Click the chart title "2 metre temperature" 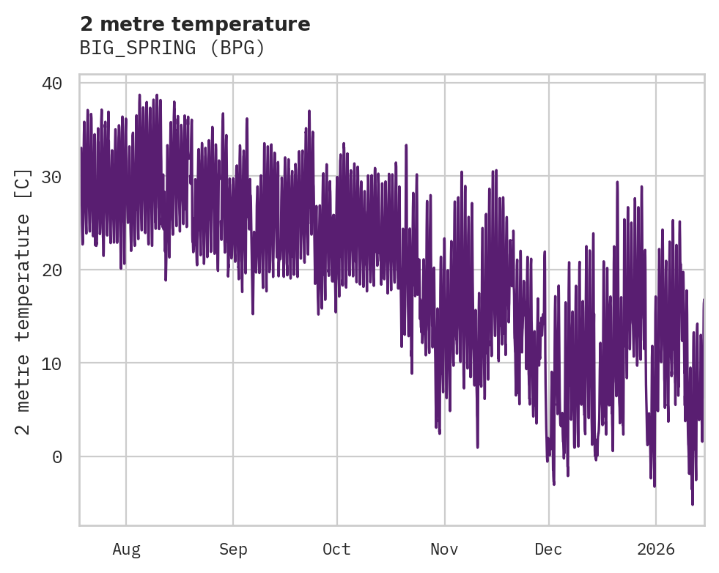[195, 24]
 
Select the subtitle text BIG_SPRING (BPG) [172, 48]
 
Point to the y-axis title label [23, 301]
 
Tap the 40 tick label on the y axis [51, 84]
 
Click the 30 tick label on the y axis [51, 177]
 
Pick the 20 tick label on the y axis [51, 270]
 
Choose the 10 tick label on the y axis [51, 363]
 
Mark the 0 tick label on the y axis [56, 457]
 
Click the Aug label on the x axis [126, 550]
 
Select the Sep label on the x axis [233, 550]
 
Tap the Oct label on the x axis [336, 550]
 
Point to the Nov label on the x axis [444, 550]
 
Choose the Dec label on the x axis [548, 550]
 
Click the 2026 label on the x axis [655, 550]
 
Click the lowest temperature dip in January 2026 [692, 503]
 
